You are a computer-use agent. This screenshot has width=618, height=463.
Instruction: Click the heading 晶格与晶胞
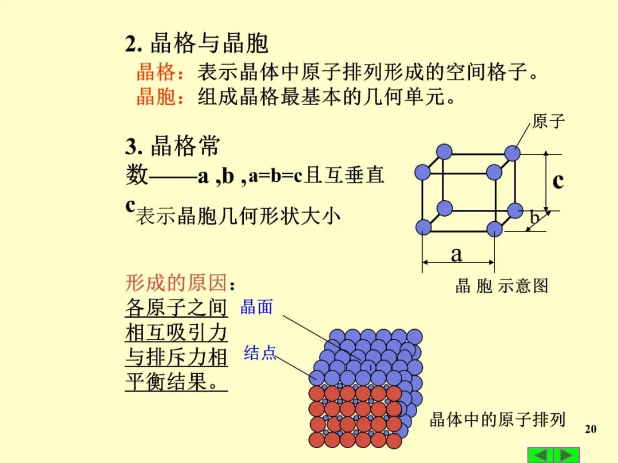tap(209, 43)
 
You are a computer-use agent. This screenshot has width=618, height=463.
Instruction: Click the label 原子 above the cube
tap(548, 121)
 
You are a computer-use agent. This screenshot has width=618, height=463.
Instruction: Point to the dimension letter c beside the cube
tap(558, 181)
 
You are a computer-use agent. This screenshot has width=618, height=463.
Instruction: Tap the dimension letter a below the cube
tap(456, 254)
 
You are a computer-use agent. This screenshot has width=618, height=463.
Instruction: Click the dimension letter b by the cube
tap(534, 217)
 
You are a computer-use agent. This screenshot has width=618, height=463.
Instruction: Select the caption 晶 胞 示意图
tap(501, 286)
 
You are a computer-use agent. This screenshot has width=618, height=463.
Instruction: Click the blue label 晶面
tap(256, 307)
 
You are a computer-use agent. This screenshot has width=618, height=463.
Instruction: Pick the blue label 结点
tap(260, 353)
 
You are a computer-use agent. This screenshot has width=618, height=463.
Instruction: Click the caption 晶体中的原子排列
tap(497, 420)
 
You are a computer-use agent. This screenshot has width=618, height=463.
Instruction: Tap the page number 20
tap(591, 429)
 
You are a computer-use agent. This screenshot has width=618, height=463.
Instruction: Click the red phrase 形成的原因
tap(176, 283)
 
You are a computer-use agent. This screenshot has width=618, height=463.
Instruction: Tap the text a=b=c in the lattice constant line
tap(275, 176)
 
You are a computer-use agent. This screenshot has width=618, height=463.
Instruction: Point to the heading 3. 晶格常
tap(172, 147)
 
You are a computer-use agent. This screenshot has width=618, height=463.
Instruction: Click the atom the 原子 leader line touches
tap(512, 153)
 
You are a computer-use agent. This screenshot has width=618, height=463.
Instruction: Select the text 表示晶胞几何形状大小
tap(237, 217)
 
